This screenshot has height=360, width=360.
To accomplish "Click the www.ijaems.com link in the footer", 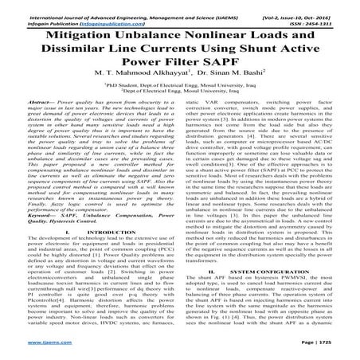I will (30, 350).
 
